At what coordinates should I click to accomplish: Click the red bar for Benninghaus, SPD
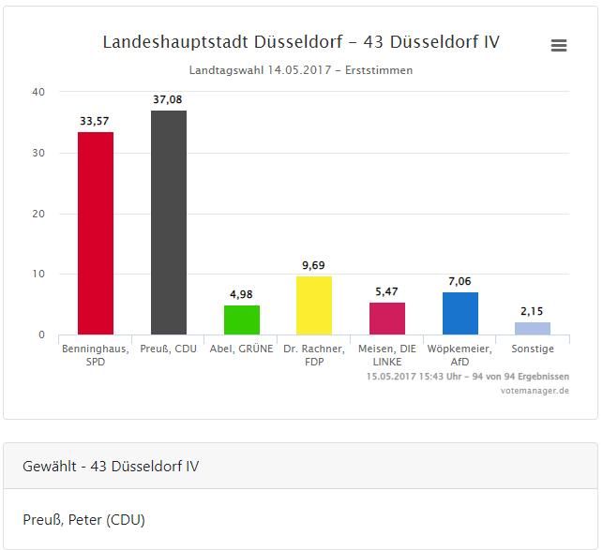pos(96,233)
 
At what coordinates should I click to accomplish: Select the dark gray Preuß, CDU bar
pos(169,223)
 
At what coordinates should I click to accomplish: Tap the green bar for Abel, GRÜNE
pos(242,320)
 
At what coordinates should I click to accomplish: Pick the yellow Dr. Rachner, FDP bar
pos(314,305)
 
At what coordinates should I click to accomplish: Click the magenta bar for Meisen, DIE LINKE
pos(387,319)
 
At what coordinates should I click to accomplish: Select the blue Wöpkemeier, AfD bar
pos(460,313)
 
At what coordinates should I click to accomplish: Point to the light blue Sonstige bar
pos(533,328)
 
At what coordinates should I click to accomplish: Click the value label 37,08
pos(169,98)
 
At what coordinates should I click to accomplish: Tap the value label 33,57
pos(96,120)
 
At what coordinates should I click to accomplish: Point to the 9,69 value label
pos(314,265)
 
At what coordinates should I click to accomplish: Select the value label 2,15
pos(533,311)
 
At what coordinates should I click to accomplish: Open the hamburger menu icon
pos(559,45)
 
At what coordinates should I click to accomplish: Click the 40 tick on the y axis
pos(38,92)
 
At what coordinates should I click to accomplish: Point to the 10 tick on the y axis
pos(38,275)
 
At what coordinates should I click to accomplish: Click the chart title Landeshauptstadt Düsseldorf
pos(301,42)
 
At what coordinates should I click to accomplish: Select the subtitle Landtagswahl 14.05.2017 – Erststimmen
pos(301,70)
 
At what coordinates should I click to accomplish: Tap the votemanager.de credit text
pos(535,390)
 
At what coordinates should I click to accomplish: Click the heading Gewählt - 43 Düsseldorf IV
pos(111,466)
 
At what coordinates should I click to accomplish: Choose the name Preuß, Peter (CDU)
pos(83,519)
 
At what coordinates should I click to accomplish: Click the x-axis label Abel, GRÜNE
pos(242,349)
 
